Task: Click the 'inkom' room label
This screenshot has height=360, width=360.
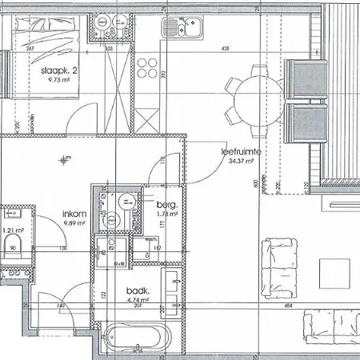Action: [x=75, y=214]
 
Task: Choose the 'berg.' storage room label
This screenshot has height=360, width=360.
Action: [x=166, y=205]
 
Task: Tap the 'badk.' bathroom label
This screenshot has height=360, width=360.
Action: [x=137, y=291]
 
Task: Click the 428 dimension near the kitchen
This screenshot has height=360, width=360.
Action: [x=226, y=49]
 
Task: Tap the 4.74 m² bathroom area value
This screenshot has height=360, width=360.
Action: [x=137, y=301]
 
